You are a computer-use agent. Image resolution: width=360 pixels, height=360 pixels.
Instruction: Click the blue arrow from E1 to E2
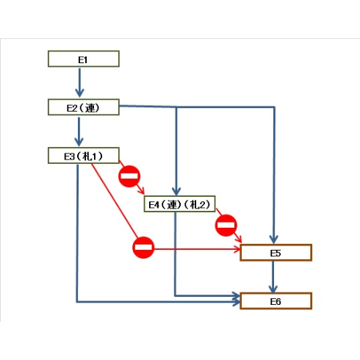79,83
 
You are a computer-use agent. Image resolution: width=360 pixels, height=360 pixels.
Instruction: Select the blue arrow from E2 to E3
79,132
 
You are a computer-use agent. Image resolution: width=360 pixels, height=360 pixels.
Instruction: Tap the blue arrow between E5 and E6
273,277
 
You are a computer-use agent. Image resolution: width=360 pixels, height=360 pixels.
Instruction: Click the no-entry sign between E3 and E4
129,176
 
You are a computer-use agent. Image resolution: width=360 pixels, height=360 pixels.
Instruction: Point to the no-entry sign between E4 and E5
226,226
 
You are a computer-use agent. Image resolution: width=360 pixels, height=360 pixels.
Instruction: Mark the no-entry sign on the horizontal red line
143,248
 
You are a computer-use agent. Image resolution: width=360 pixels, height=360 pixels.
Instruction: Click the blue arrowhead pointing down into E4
176,191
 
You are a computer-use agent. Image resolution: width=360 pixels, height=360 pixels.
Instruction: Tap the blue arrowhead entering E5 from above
273,240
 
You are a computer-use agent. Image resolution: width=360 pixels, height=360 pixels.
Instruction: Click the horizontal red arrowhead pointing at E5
237,249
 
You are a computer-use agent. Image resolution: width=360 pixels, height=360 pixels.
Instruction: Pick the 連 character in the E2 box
90,108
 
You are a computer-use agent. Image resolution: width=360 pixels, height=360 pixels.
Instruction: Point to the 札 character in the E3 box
87,156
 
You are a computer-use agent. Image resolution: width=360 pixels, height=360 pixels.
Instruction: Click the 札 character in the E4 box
195,204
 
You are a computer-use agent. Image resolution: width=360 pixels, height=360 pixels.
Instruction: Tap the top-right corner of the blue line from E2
274,107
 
